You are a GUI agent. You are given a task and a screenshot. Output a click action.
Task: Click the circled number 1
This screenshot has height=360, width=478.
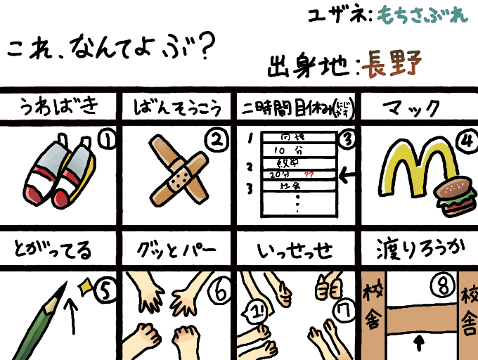pyautogui.click(x=107, y=141)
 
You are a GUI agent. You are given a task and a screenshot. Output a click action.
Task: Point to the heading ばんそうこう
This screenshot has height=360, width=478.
pyautogui.click(x=177, y=108)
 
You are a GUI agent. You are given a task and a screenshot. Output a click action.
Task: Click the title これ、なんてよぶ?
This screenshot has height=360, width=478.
pyautogui.click(x=109, y=48)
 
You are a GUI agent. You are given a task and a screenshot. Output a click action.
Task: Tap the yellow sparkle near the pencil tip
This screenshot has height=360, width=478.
pyautogui.click(x=85, y=285)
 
